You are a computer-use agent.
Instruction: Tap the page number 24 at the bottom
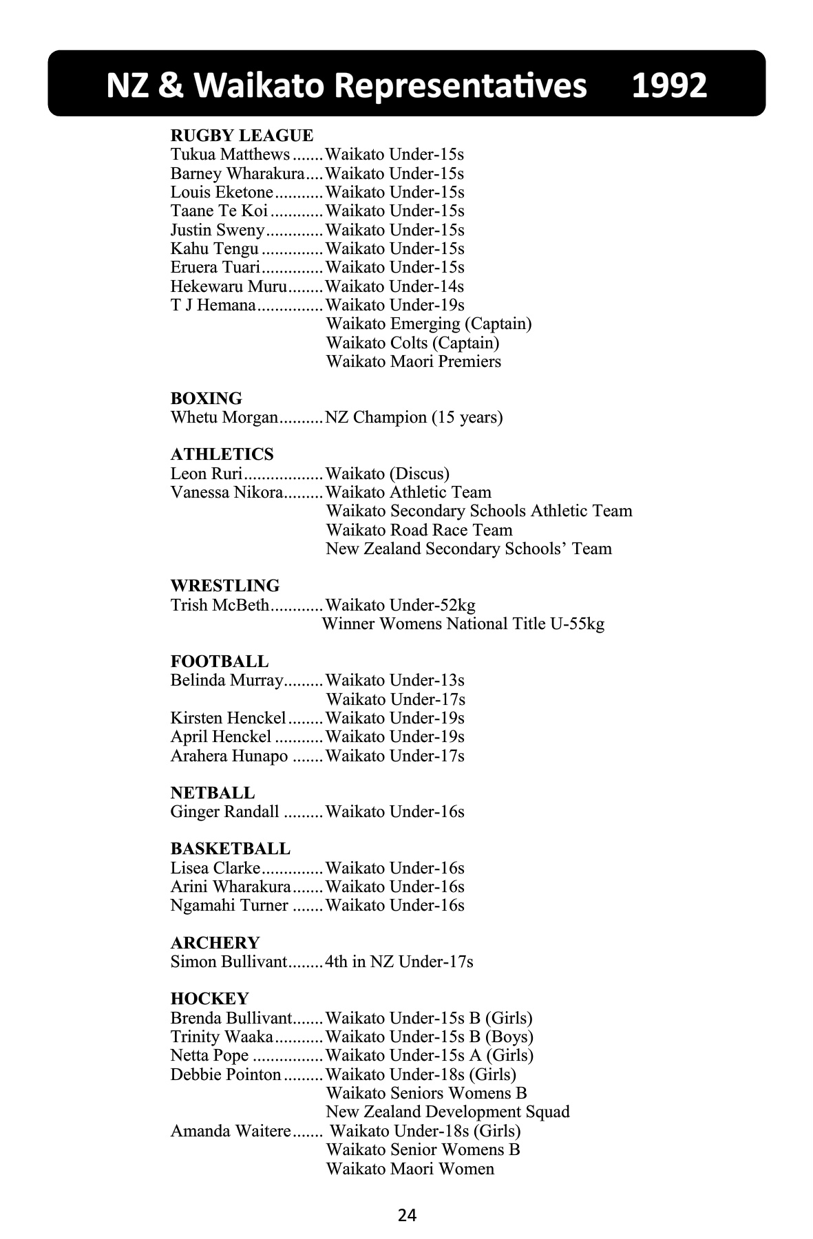(407, 1215)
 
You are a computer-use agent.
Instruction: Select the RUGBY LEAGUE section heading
(242, 136)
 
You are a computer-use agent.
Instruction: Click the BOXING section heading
(207, 399)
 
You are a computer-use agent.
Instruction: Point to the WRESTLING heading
(225, 586)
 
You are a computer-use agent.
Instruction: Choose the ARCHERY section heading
(215, 943)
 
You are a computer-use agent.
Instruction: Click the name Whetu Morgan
(224, 417)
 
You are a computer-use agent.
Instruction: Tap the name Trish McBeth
(220, 605)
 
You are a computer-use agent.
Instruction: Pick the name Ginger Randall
(225, 812)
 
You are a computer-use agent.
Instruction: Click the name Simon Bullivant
(228, 962)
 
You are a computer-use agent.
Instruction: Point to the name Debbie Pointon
(226, 1074)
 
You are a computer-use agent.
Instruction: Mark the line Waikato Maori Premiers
(413, 361)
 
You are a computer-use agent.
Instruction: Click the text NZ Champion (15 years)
(414, 417)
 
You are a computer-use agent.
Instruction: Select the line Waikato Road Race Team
(419, 530)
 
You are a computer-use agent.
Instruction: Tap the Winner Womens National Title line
(463, 624)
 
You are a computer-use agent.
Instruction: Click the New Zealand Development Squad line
(447, 1112)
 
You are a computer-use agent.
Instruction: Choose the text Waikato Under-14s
(394, 286)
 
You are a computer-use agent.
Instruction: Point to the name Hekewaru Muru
(229, 286)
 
